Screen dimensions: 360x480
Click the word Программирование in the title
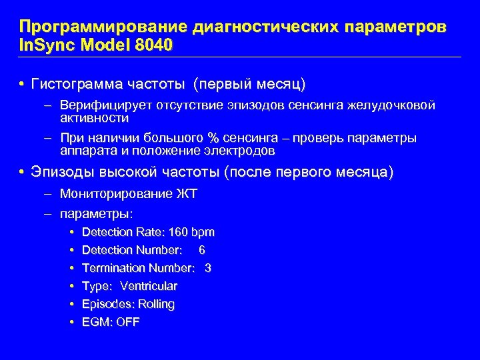(103, 28)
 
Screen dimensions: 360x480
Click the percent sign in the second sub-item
(213, 138)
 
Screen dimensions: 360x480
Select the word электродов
(241, 151)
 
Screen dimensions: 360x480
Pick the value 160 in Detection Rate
(179, 232)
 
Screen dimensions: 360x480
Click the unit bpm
(203, 233)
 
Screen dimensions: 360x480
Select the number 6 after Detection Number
(202, 250)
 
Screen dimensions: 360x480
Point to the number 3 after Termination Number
(208, 268)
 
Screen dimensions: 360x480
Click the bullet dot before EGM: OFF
(71, 322)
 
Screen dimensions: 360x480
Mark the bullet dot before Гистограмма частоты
(21, 85)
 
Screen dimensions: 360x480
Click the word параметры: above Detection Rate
(97, 214)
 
